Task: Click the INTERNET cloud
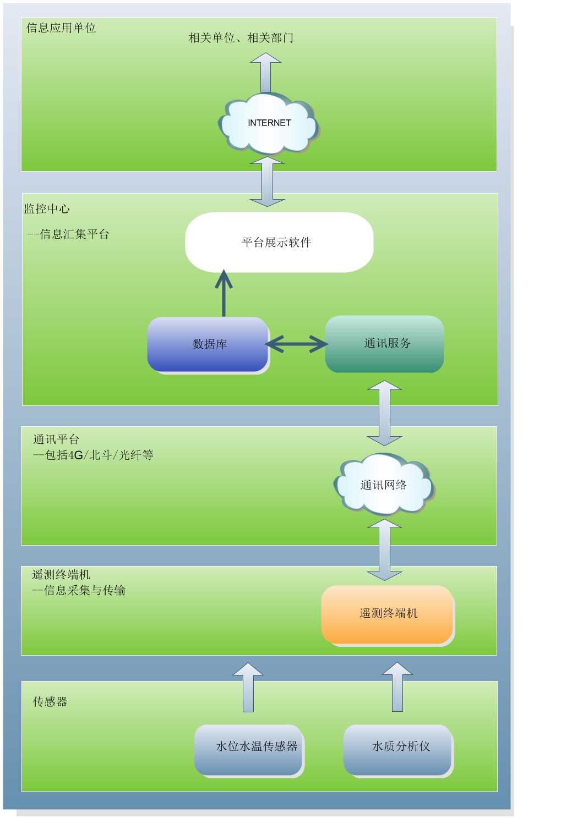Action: click(269, 124)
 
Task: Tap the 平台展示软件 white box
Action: click(279, 242)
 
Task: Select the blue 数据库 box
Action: click(208, 344)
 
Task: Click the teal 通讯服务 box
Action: click(385, 344)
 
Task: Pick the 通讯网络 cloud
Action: click(384, 485)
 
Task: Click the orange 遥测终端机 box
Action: click(387, 614)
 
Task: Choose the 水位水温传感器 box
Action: click(249, 749)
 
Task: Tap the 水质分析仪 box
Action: click(398, 749)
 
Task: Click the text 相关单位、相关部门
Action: click(241, 38)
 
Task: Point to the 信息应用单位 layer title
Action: click(61, 28)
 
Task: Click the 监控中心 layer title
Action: click(47, 209)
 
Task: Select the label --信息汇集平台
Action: click(69, 234)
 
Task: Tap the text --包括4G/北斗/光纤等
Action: click(93, 455)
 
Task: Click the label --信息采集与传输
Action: click(79, 590)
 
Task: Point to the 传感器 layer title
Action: click(50, 702)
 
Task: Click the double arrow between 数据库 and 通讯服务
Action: click(297, 344)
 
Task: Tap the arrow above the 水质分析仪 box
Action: click(397, 687)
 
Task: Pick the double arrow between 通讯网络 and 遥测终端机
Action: click(384, 550)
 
